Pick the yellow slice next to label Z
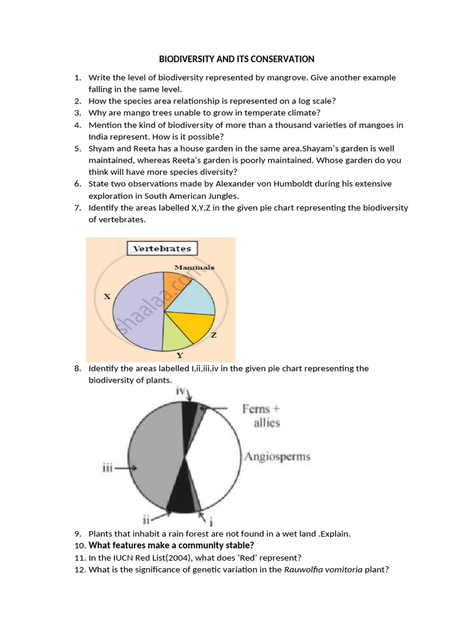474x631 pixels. click(x=191, y=326)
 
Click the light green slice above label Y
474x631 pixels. click(x=177, y=336)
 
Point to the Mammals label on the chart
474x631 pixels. click(x=194, y=267)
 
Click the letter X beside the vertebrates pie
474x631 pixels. click(x=107, y=296)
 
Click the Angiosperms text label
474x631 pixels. click(x=277, y=457)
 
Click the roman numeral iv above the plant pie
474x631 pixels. click(x=181, y=391)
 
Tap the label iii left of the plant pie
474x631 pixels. click(x=107, y=468)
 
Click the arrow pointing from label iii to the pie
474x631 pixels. click(x=126, y=468)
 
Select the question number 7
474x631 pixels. click(x=77, y=208)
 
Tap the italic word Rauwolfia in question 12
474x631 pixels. click(x=303, y=569)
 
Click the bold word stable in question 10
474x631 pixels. click(x=240, y=545)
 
